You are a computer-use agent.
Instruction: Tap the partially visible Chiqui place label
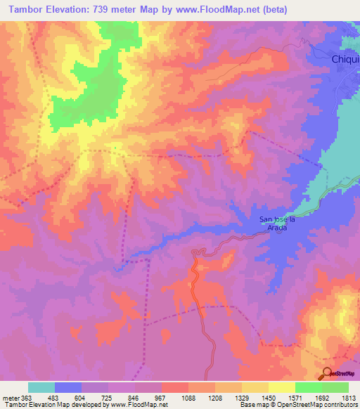coord(345,60)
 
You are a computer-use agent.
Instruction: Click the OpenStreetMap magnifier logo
coord(328,374)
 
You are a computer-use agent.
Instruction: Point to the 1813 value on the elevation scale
coord(349,397)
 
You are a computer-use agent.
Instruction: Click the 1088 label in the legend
coord(187,397)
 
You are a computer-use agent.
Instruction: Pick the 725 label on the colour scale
coord(108,397)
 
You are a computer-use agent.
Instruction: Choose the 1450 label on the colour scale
coord(268,397)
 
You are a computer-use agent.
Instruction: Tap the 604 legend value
coord(81,397)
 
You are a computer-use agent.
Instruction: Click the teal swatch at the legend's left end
coord(41,387)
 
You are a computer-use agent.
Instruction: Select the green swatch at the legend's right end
coord(335,387)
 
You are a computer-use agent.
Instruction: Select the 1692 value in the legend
coord(322,397)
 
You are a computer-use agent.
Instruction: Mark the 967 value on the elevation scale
coord(161,397)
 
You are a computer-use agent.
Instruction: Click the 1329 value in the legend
coord(241,397)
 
